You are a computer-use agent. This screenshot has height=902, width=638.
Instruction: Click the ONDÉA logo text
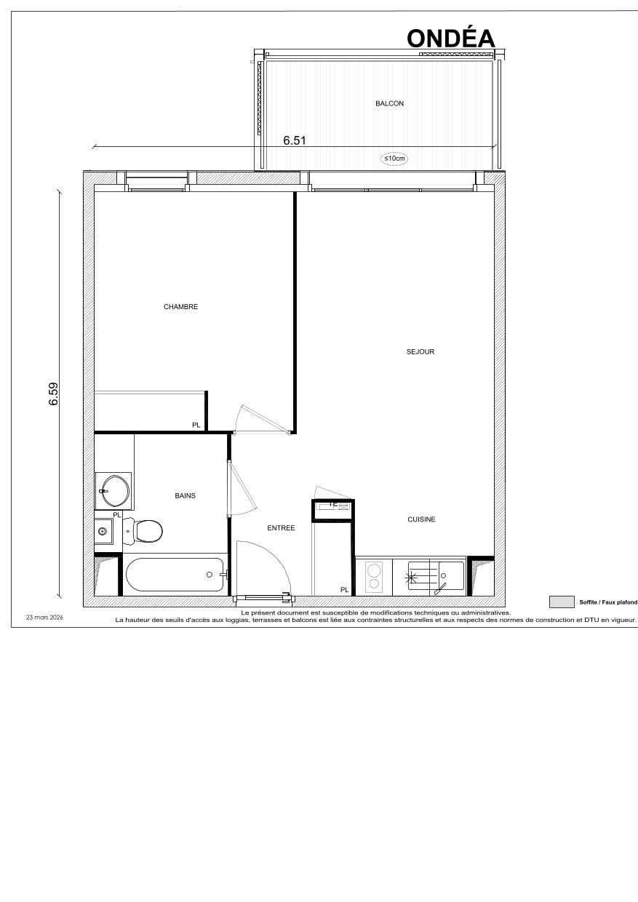[451, 38]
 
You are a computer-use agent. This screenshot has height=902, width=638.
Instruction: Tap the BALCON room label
[389, 104]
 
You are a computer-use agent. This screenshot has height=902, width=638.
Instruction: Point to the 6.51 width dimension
[294, 141]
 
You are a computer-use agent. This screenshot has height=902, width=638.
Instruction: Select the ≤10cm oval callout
[394, 158]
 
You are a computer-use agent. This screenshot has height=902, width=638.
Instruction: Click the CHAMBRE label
[180, 307]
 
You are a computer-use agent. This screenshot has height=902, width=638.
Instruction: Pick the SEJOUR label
[420, 352]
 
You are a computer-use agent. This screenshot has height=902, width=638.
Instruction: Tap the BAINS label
[185, 496]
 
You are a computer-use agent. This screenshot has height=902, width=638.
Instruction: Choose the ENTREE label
[281, 528]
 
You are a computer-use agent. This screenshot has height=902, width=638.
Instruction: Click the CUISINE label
[421, 519]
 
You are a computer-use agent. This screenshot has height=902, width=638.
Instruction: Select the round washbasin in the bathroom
[114, 490]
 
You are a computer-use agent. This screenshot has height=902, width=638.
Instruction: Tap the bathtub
[175, 575]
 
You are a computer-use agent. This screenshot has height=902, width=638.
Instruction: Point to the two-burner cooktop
[374, 576]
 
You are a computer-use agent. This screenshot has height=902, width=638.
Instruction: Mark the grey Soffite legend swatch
[561, 602]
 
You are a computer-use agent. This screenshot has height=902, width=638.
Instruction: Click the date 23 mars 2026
[45, 617]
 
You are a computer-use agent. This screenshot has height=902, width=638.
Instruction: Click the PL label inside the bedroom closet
[196, 425]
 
